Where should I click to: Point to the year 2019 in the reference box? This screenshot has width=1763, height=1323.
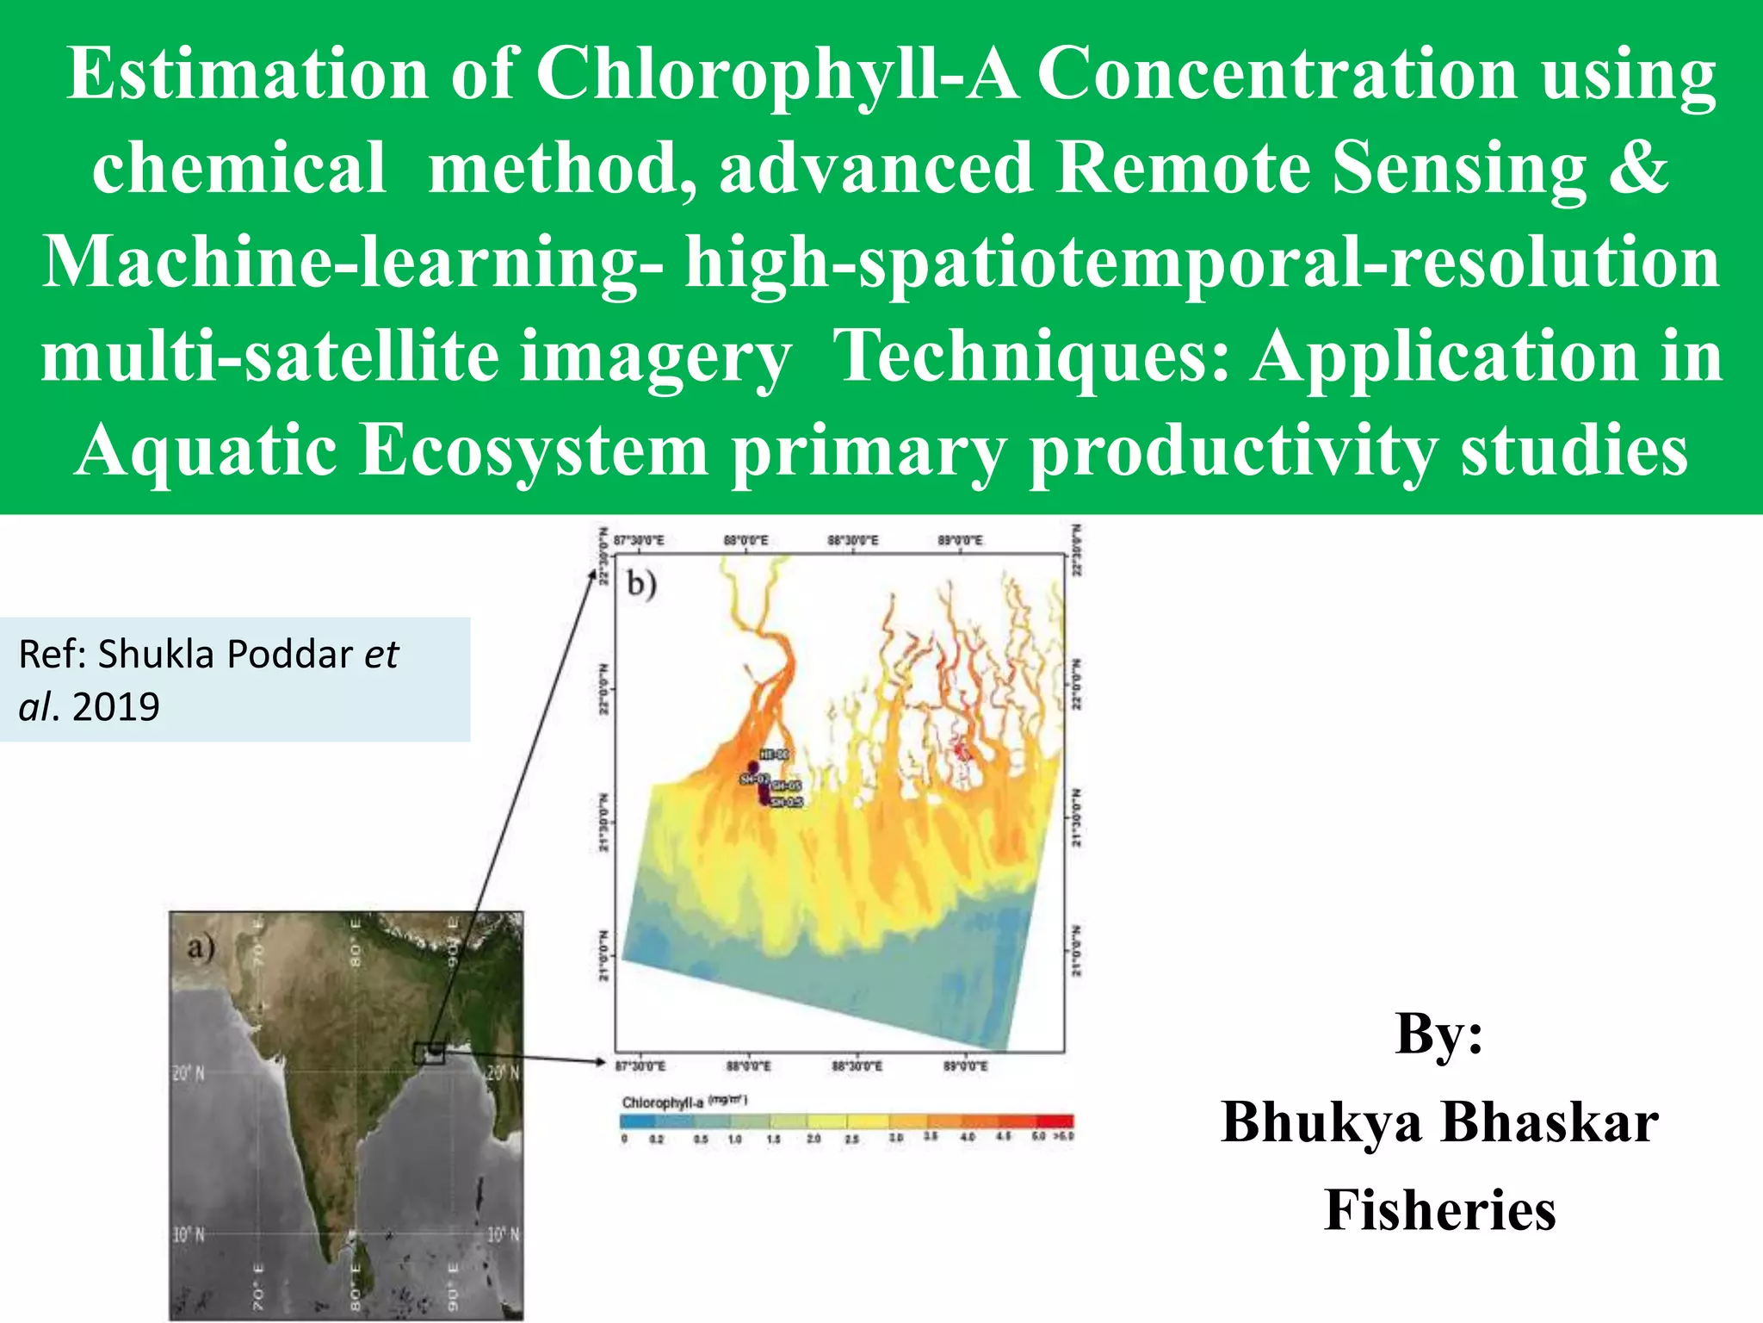point(115,707)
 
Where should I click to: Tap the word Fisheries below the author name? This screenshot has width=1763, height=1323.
point(1439,1209)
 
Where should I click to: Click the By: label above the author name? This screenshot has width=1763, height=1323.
point(1438,1033)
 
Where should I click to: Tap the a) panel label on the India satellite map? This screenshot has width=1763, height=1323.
point(200,947)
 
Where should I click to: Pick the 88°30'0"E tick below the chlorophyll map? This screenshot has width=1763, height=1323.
point(855,1066)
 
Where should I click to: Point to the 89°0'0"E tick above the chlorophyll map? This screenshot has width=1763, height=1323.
point(960,541)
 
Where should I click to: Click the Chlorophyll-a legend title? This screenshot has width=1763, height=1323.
point(663,1102)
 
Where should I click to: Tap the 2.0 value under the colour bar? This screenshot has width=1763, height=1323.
point(813,1139)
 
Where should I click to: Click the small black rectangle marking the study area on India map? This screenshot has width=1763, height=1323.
point(429,1053)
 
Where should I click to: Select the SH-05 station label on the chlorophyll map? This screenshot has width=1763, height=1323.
point(785,786)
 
